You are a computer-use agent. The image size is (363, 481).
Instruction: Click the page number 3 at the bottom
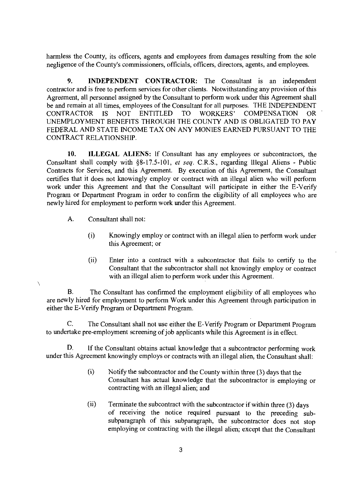click(181, 450)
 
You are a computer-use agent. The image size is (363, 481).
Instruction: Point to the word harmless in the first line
click(59, 56)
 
